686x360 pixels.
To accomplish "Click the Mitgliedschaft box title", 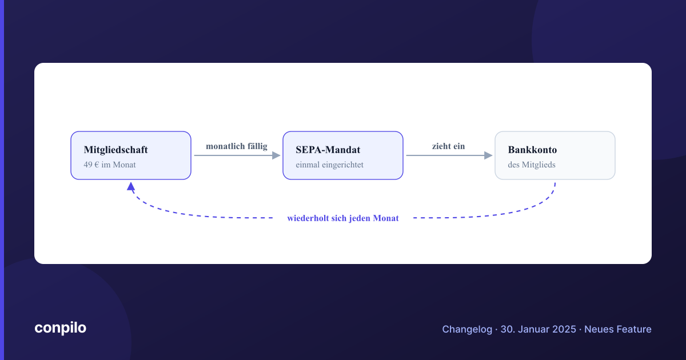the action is tap(115, 150).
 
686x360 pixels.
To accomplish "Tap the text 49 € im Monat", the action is tap(110, 165).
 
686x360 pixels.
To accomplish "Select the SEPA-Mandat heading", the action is tap(328, 150).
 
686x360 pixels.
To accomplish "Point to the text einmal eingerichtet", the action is tap(329, 165).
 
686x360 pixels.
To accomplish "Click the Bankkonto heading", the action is tap(532, 150).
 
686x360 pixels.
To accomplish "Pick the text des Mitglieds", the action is tap(531, 165).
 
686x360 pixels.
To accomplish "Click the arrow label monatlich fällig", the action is tap(237, 146).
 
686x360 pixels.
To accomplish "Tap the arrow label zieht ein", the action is tap(448, 146).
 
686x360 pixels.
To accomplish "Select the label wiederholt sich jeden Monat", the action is tap(343, 218).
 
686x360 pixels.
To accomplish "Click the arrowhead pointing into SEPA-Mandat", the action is tap(276, 155).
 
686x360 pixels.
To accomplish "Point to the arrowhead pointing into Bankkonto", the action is tap(488, 155).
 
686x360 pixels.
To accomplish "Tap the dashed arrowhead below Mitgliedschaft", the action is tap(131, 186).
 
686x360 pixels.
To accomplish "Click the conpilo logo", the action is tap(61, 328).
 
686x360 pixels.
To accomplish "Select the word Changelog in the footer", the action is tap(467, 329).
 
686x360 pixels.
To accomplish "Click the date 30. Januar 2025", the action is tap(538, 329).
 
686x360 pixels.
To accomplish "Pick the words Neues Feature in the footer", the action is tap(618, 329).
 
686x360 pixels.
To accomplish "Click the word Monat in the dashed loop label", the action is tap(386, 218).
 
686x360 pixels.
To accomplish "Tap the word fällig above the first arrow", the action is tap(257, 146).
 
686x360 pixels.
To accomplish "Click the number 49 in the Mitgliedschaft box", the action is tap(88, 165).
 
